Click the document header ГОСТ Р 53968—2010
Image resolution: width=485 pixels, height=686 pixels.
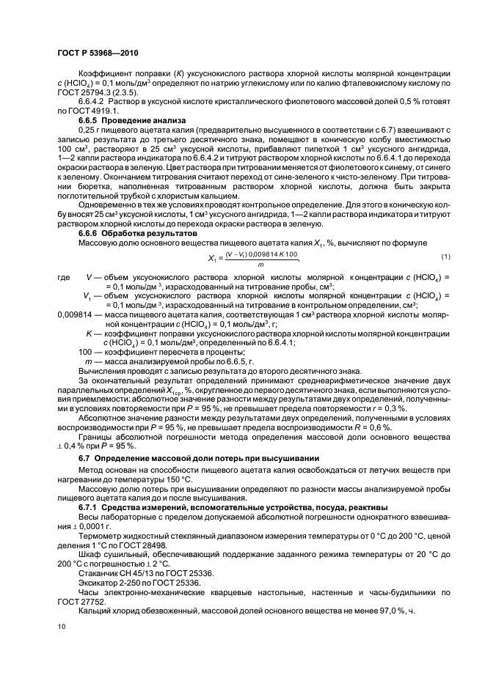pos(98,54)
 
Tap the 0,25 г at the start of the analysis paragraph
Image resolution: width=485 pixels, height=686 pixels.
pos(90,128)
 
